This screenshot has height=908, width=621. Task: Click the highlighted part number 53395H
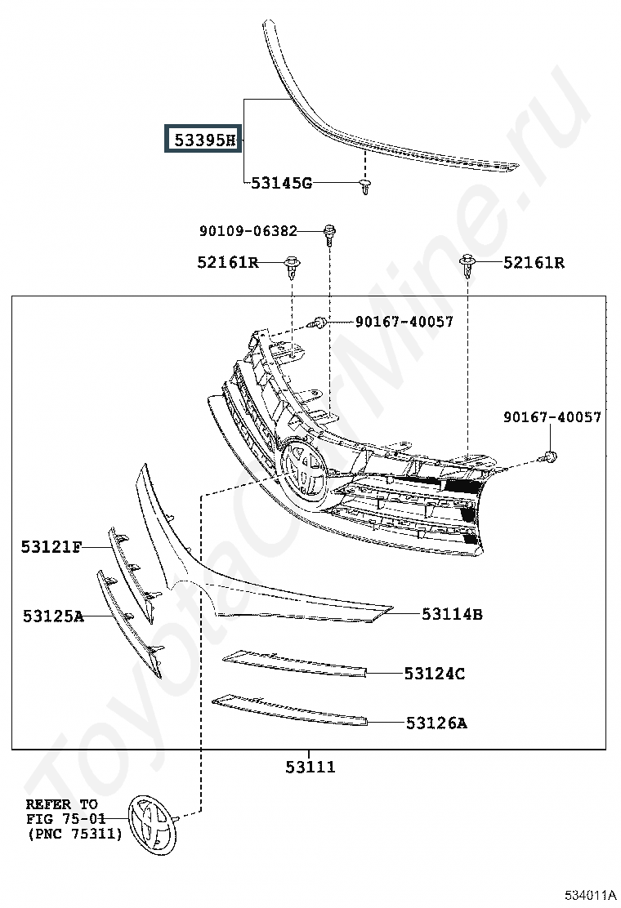click(x=205, y=140)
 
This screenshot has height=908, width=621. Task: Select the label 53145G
click(x=281, y=183)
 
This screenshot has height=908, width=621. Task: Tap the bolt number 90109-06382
click(x=248, y=231)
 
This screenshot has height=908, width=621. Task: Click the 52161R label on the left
click(x=228, y=262)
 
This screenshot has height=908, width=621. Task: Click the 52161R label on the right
click(x=534, y=262)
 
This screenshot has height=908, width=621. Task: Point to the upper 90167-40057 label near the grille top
click(x=404, y=322)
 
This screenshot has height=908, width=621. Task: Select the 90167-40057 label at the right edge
click(x=552, y=417)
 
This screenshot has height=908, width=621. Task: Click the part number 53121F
click(x=51, y=546)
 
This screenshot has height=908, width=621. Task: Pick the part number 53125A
click(x=53, y=616)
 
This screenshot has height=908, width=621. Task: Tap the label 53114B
click(x=452, y=614)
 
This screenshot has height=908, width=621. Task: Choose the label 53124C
click(x=435, y=674)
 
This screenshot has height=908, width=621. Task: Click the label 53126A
click(x=436, y=723)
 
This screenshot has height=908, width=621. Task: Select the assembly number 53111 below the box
click(x=310, y=767)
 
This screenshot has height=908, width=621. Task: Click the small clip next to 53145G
click(x=364, y=187)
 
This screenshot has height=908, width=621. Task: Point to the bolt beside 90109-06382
click(x=329, y=234)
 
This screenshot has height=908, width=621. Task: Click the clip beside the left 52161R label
click(x=292, y=267)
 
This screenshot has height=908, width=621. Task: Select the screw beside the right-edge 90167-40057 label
click(x=547, y=457)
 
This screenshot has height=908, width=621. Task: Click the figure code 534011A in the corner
click(x=590, y=895)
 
